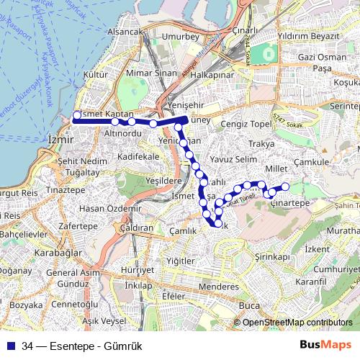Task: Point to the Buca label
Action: [248, 305]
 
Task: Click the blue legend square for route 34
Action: [12, 346]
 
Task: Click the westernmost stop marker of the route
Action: [77, 114]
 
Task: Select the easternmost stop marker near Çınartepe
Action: [285, 187]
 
